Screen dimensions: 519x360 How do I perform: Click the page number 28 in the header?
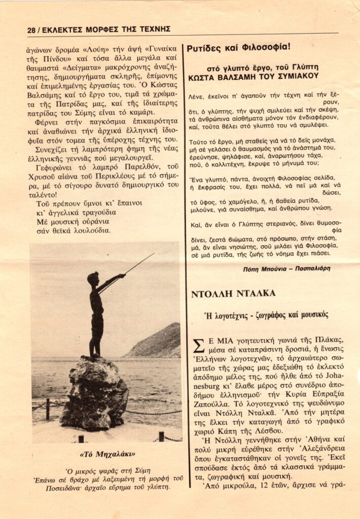(31, 29)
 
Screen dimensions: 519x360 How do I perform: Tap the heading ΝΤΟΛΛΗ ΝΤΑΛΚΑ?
(233, 293)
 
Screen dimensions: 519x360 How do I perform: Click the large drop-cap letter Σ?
(198, 346)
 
